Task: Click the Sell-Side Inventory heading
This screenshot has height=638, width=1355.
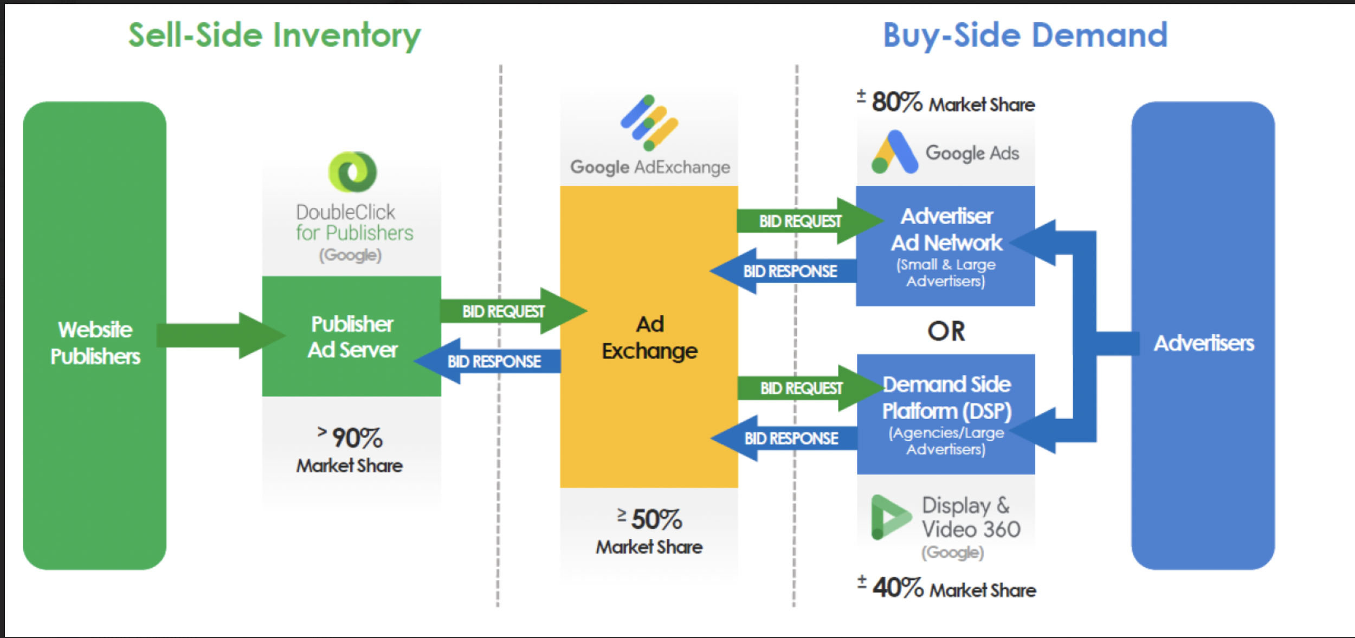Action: (274, 36)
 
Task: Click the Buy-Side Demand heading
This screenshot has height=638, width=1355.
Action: (1025, 36)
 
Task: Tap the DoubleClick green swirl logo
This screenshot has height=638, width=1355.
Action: (352, 172)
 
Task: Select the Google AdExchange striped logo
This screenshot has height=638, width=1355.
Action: (649, 123)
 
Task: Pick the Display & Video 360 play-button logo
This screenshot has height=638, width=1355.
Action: (889, 517)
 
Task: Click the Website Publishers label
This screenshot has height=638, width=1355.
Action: (95, 343)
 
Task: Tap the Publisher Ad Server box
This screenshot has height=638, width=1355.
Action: (352, 336)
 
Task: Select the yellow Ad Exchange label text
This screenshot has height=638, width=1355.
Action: (649, 337)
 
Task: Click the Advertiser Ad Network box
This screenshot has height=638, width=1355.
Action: (946, 246)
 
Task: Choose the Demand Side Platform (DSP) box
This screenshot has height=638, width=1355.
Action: (946, 414)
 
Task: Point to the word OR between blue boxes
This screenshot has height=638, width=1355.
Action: (946, 331)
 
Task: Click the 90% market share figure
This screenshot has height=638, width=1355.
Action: (357, 438)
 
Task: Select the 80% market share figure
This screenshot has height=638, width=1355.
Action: (896, 102)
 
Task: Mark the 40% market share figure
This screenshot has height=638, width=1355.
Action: (897, 588)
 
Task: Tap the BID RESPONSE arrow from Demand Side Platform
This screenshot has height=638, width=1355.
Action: (786, 438)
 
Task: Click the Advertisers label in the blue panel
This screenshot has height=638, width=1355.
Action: (1203, 343)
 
